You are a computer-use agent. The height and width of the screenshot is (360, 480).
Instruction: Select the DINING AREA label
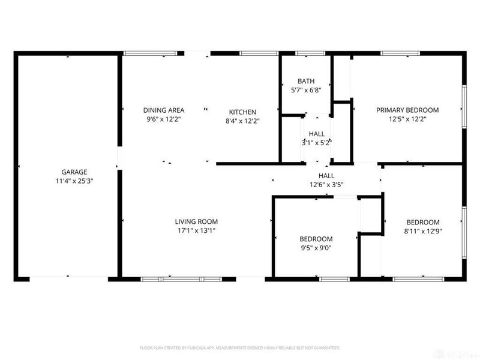click(x=163, y=110)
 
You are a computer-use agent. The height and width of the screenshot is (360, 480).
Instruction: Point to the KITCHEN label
click(x=242, y=112)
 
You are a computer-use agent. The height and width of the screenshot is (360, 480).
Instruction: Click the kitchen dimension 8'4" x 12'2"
click(x=242, y=120)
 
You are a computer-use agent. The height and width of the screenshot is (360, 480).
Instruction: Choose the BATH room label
click(x=306, y=81)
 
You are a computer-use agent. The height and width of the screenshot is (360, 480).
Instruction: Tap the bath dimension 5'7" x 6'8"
click(x=306, y=90)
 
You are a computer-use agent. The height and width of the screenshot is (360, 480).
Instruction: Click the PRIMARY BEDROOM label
click(x=407, y=110)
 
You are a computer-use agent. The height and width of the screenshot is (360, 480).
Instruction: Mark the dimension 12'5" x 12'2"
click(x=407, y=119)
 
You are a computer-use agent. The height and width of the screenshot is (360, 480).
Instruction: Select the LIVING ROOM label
click(x=196, y=221)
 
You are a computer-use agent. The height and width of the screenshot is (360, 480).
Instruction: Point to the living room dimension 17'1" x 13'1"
click(x=196, y=230)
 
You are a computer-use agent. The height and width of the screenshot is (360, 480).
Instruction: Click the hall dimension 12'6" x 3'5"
click(x=326, y=185)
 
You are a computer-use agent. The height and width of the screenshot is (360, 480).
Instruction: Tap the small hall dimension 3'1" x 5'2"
click(x=316, y=143)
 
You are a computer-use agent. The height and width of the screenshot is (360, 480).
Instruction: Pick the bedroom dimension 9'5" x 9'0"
click(x=316, y=247)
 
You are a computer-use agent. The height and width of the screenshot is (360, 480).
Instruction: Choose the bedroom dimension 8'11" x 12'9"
click(x=423, y=230)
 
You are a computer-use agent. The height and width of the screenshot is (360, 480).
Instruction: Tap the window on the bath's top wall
click(x=306, y=54)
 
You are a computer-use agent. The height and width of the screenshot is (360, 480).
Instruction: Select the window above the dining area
click(x=150, y=54)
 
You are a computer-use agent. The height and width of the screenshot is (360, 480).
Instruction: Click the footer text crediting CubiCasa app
click(x=240, y=347)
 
